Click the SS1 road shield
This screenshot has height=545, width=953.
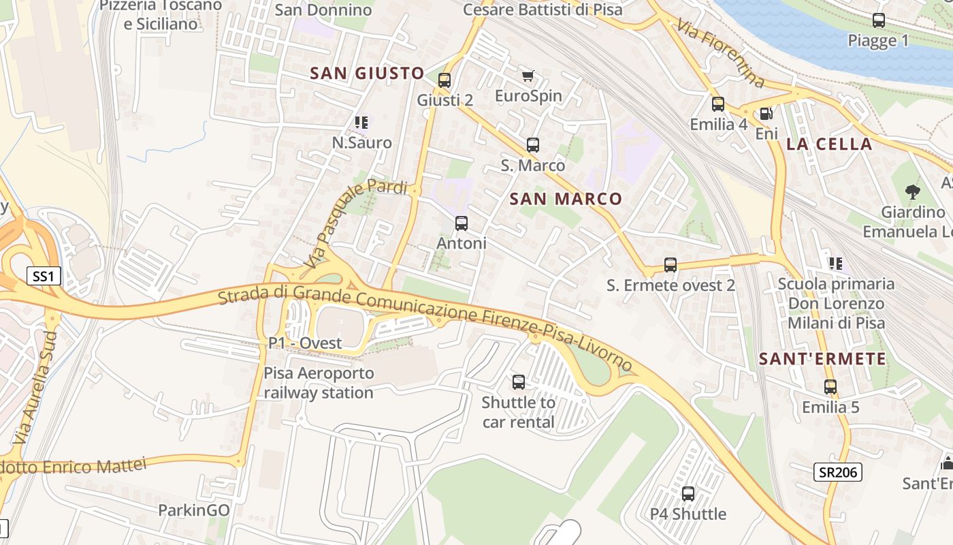[x=44, y=276]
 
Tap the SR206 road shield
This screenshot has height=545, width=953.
[x=838, y=471]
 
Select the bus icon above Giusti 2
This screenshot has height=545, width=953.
[x=445, y=80]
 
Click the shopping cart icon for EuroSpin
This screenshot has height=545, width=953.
[x=528, y=76]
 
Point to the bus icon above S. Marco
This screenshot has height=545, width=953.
[x=533, y=145]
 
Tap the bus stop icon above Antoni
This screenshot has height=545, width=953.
[x=462, y=223]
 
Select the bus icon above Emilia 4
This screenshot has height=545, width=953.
[x=718, y=104]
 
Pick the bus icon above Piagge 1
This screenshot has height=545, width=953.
[x=879, y=20]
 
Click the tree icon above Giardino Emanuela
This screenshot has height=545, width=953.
[x=913, y=191]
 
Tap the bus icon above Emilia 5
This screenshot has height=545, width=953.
[x=830, y=387]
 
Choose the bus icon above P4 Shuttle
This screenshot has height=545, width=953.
[x=688, y=494]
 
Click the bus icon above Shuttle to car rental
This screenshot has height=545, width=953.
[x=519, y=382]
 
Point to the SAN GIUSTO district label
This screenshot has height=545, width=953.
[x=368, y=74]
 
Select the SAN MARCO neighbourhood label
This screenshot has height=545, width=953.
[x=566, y=199]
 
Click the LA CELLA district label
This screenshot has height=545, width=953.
[x=829, y=144]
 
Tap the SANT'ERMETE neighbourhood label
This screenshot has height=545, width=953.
[x=822, y=359]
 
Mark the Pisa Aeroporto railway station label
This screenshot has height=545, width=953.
[x=319, y=383]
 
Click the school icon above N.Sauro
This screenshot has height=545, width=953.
[x=361, y=123]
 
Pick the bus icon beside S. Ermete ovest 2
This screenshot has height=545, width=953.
[x=671, y=265]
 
